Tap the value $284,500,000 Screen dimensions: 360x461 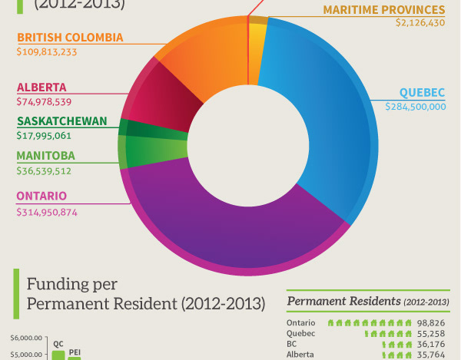415,106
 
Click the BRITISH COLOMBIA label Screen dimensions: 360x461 69,37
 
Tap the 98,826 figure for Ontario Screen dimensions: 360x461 431,323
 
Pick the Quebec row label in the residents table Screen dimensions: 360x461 301,334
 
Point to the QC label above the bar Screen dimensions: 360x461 58,344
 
